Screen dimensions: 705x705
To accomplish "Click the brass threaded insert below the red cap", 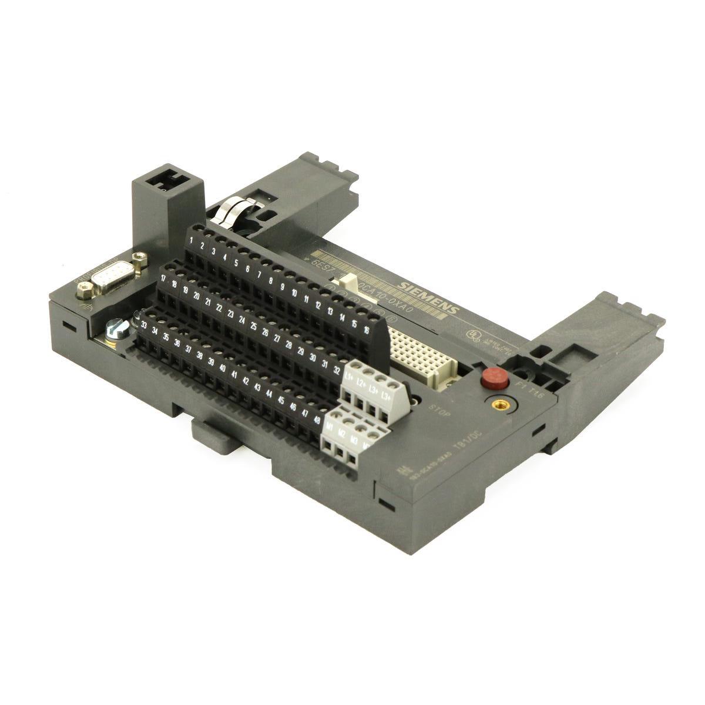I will tap(501, 404).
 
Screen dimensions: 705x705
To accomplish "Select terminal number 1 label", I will tap(193, 240).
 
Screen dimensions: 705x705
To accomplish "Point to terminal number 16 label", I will tap(366, 330).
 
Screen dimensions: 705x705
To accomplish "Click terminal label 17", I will tap(164, 278).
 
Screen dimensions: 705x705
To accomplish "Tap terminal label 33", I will tap(144, 323).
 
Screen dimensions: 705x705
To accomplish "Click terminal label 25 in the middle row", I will tap(254, 325).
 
